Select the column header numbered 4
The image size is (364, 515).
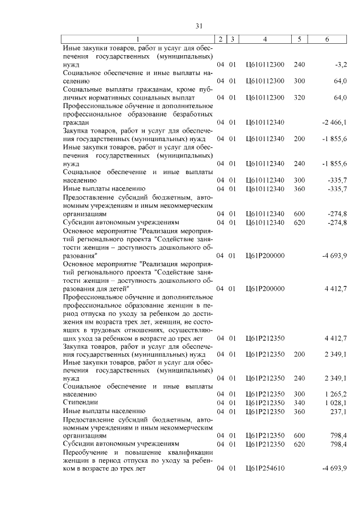click(x=265, y=39)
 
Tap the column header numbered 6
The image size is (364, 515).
click(x=326, y=39)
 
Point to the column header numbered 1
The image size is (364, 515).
click(x=138, y=39)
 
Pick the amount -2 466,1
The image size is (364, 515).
click(x=334, y=122)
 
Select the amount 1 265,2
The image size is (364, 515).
click(x=336, y=393)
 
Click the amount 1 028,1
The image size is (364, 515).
click(x=336, y=402)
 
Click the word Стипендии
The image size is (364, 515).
click(x=80, y=402)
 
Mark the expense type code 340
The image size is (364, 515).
click(x=300, y=402)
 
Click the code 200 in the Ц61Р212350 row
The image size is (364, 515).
click(x=300, y=354)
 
